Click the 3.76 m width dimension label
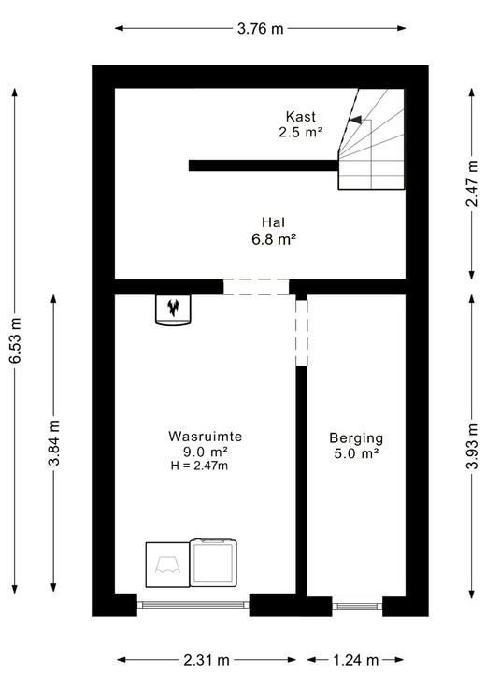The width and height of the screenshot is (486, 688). coord(260,29)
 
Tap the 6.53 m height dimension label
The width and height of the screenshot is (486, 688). coord(16,340)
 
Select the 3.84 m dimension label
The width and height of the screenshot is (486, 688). coord(54,442)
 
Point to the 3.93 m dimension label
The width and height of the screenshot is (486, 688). coord(472,446)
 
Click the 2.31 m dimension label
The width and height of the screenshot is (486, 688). coord(207,660)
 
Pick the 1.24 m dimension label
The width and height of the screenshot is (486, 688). coord(356,660)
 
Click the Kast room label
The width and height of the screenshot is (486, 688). coord(300,117)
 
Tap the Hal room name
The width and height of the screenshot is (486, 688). coord(273,222)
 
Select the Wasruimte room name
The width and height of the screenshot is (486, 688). coord(205,437)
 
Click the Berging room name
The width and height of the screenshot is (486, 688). coord(356,437)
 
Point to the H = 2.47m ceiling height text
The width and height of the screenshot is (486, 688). coord(199,466)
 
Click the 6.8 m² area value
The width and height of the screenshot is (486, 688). coord(273,239)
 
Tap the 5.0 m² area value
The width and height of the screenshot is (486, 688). coord(356,453)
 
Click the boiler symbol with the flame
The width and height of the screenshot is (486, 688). coord(173,309)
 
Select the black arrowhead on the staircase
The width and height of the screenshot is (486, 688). coord(355,120)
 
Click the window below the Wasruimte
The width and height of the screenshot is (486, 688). coord(193,605)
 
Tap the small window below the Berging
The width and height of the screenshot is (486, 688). coord(357,607)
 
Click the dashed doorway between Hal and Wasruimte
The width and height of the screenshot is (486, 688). coord(256,287)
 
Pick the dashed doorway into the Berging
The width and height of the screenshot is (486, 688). coord(301,333)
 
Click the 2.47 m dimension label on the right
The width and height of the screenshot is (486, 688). coord(472,183)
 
